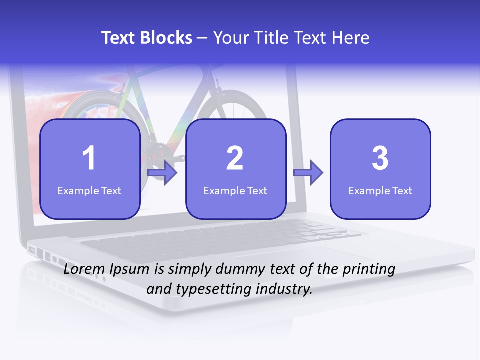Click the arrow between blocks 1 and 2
tap(163, 173)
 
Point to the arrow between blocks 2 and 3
tap(308, 173)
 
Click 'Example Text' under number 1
tap(89, 191)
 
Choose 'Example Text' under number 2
tap(235, 191)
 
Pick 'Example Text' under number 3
tap(380, 191)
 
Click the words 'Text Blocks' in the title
tap(147, 38)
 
